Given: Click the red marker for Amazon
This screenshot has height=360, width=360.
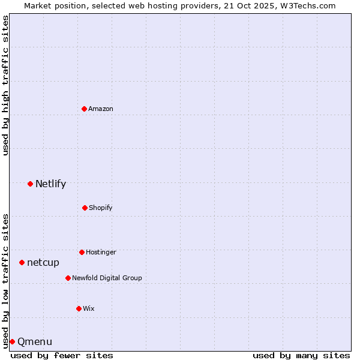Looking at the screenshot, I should (x=84, y=109).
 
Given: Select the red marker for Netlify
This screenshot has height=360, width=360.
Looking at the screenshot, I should (x=30, y=184).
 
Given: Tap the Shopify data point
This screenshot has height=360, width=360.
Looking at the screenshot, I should (x=85, y=208).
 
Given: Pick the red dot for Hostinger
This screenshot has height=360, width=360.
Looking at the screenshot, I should (x=82, y=252).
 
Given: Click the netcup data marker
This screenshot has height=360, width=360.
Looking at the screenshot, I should (x=22, y=262).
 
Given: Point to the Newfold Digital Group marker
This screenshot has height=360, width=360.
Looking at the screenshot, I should (x=68, y=278).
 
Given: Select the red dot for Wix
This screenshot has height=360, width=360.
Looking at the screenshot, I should (x=79, y=308).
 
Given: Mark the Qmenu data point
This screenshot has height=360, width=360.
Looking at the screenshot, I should (x=12, y=341).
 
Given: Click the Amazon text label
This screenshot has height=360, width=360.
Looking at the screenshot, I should (x=101, y=109).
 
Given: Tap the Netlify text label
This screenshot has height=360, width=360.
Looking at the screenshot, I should (x=50, y=184).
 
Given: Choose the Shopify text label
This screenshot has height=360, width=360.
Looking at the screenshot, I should (x=101, y=208).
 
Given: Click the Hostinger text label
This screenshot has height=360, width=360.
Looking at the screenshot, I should (x=101, y=252).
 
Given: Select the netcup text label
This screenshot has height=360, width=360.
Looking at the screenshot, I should (x=43, y=263).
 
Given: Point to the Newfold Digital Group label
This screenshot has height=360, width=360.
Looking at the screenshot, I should (x=107, y=278).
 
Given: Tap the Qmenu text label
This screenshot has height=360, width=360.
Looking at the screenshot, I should (x=35, y=342).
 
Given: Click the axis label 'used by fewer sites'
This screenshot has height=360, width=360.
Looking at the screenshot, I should (x=62, y=355).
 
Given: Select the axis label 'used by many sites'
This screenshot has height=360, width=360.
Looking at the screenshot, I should (x=301, y=355).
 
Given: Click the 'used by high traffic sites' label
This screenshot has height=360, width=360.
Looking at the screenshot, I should (x=5, y=85).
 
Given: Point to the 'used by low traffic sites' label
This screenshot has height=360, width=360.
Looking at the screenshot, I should (x=5, y=280).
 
